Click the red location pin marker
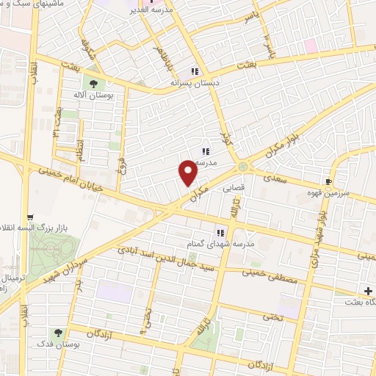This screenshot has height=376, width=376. pyautogui.click(x=189, y=173)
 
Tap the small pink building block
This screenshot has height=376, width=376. pyautogui.click(x=311, y=46)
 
